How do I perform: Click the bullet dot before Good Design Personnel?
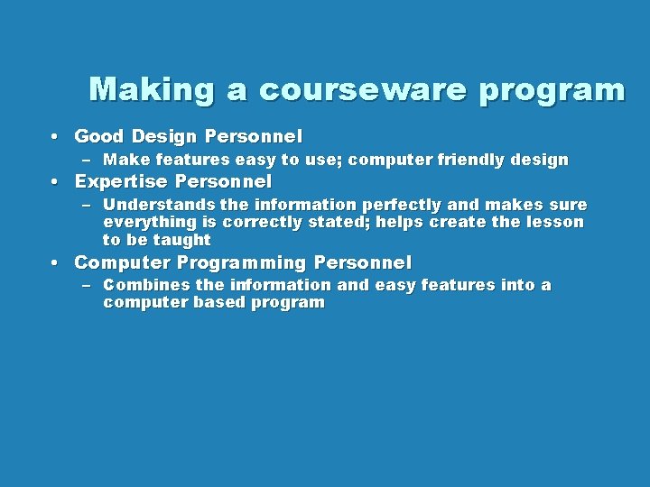pyautogui.click(x=56, y=137)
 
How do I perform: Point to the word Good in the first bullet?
pyautogui.click(x=99, y=137)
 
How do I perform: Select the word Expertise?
pyautogui.click(x=119, y=182)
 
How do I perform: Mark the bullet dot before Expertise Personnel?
pyautogui.click(x=56, y=182)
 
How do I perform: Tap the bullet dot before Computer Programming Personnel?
pyautogui.click(x=56, y=263)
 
